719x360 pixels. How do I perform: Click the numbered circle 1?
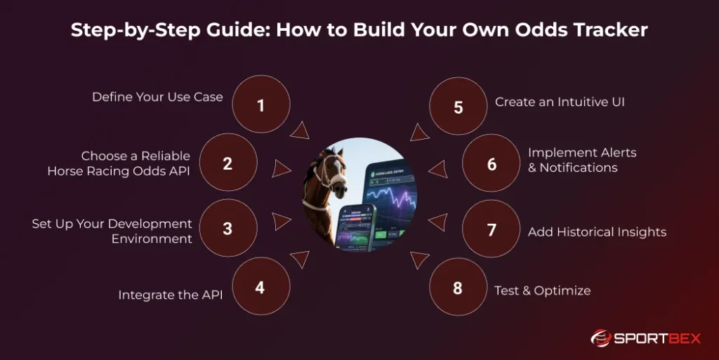(x=260, y=105)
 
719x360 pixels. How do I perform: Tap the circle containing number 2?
(x=227, y=164)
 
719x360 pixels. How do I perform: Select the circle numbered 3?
(x=227, y=229)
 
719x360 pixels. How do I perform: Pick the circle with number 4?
(x=260, y=287)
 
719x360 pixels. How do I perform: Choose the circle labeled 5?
(x=458, y=107)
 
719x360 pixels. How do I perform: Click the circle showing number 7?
(x=492, y=229)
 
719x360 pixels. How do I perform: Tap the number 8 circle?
(x=458, y=287)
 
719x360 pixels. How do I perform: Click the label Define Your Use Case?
(x=157, y=97)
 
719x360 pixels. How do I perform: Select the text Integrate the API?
(x=170, y=295)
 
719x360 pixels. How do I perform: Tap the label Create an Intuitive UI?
(x=560, y=102)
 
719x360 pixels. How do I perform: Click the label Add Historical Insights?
(x=597, y=232)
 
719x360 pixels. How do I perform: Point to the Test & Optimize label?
(x=542, y=291)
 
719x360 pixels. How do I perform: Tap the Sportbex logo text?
(x=657, y=338)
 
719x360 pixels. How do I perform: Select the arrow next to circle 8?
(x=419, y=260)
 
